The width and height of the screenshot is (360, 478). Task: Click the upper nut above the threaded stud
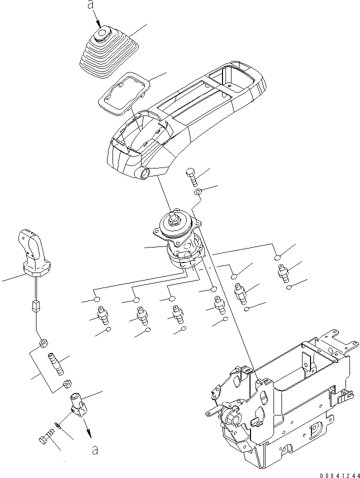[x=43, y=343]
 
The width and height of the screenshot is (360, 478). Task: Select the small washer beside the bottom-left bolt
[x=59, y=425]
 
